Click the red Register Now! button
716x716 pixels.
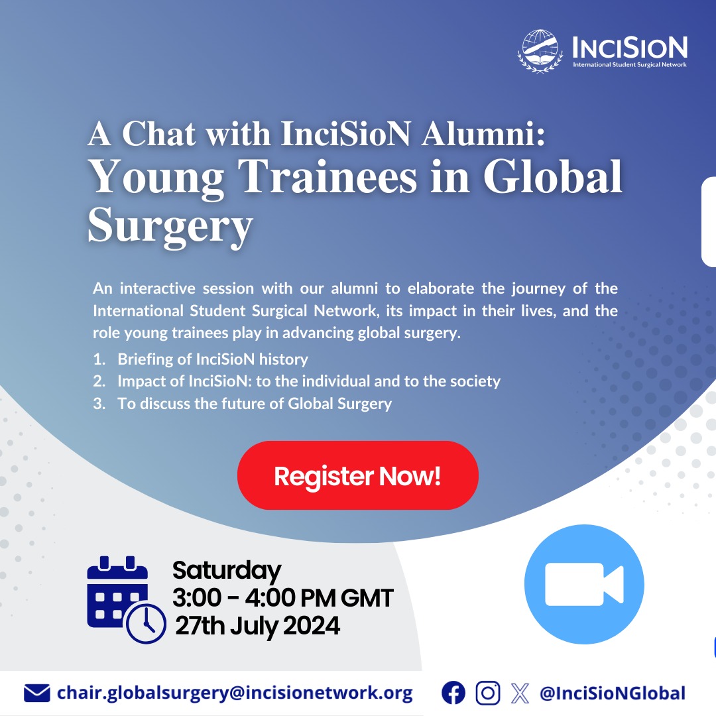(357, 475)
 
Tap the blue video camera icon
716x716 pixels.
(583, 584)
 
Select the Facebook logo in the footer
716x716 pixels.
(453, 693)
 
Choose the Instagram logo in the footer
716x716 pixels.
(488, 693)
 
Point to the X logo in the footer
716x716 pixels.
(521, 693)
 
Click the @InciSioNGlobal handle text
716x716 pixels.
(612, 693)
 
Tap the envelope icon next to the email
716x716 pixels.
(36, 693)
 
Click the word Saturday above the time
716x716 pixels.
(226, 571)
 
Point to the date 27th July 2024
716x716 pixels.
(257, 625)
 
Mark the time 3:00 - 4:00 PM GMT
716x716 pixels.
(282, 598)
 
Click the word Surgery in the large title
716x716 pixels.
(170, 226)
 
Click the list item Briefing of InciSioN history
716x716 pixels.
(212, 359)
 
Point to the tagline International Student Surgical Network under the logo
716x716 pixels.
(630, 64)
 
